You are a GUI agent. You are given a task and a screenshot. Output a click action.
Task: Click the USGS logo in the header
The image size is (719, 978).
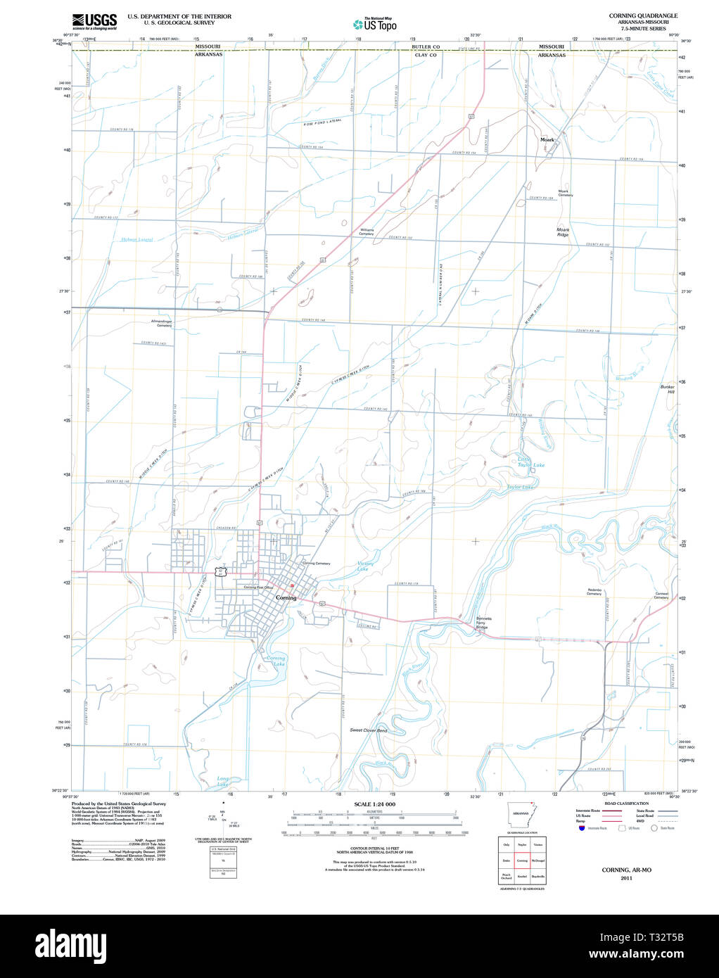94,20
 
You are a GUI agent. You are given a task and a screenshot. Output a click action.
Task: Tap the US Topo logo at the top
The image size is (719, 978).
375,25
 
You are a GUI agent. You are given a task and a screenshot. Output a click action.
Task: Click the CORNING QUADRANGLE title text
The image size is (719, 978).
643,15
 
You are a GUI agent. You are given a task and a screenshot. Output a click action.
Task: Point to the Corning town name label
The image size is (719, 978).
286,598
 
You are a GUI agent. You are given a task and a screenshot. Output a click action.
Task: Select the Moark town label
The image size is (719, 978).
547,140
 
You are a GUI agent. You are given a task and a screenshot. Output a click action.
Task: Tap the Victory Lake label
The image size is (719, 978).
365,566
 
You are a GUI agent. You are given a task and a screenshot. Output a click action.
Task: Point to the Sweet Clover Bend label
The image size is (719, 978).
369,730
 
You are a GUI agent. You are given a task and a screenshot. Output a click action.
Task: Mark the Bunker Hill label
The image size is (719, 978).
667,389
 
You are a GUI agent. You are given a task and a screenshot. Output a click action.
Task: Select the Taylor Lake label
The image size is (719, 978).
520,487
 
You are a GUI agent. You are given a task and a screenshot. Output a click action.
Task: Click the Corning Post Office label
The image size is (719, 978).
258,587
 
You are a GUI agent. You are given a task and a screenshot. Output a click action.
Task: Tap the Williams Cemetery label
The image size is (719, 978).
367,231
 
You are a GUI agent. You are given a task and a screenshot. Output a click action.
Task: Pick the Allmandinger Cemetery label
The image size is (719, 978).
161,324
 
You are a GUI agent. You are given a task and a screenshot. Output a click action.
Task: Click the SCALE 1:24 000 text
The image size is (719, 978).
374,804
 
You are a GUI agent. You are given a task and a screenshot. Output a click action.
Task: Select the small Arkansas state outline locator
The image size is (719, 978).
521,813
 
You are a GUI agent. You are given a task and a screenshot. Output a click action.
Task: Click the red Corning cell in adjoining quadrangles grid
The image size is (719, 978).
522,860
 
